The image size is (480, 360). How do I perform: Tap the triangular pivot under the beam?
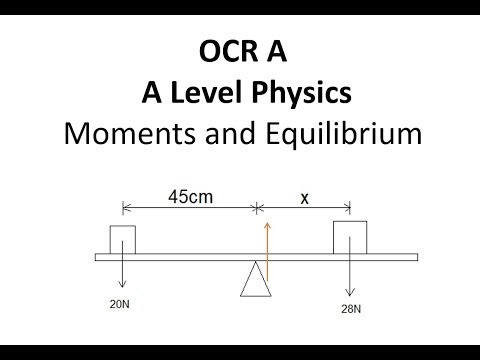(255, 279)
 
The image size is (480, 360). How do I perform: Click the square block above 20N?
(122, 240)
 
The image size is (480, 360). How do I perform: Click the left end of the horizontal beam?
(98, 257)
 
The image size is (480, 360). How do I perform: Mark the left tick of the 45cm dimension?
(122, 208)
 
